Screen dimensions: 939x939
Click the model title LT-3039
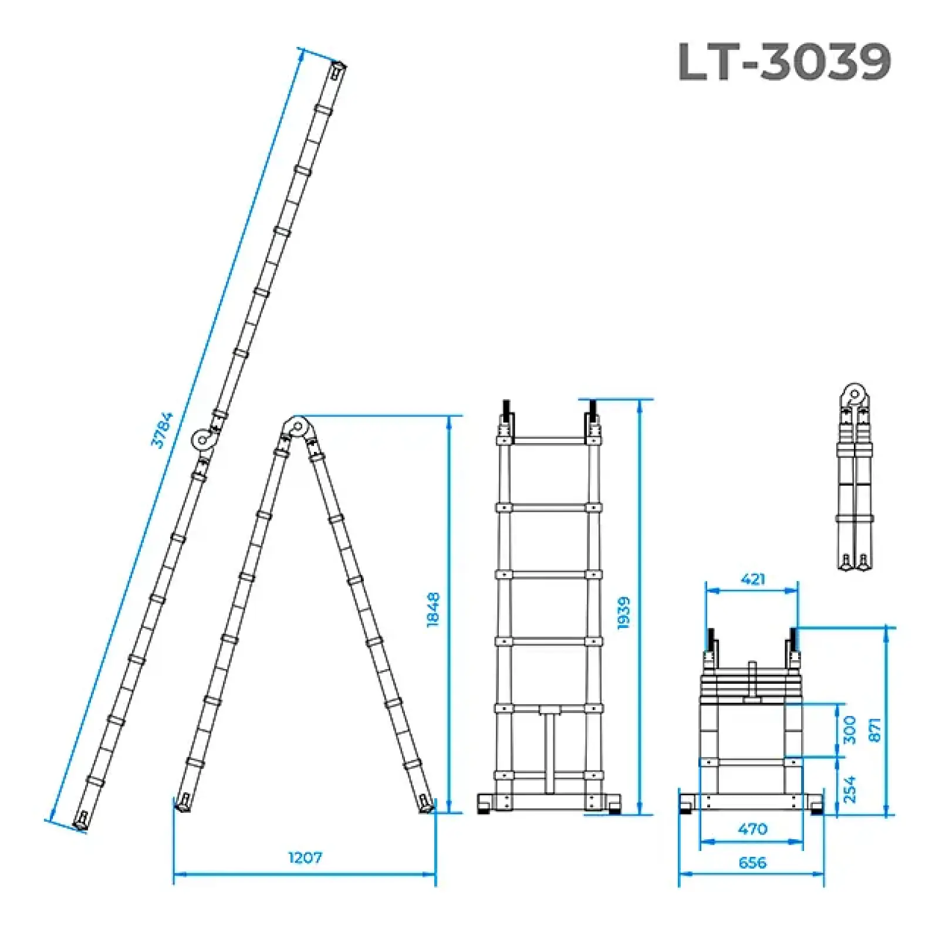tap(784, 61)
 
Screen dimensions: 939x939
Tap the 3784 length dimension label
tap(162, 430)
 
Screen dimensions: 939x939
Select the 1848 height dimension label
tap(433, 610)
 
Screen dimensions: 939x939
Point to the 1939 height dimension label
tap(624, 613)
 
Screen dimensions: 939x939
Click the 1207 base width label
tap(305, 857)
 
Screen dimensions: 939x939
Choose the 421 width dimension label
tap(753, 579)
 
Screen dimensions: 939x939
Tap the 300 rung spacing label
tap(849, 729)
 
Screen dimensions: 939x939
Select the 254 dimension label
tap(849, 789)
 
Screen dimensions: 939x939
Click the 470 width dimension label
tap(752, 829)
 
